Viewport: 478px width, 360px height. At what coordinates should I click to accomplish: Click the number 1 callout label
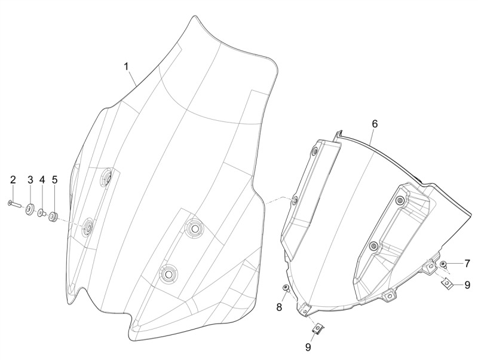pyautogui.click(x=126, y=66)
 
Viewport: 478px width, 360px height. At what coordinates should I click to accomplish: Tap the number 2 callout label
pyautogui.click(x=13, y=180)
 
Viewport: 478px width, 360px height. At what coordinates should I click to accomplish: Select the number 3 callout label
pyautogui.click(x=30, y=180)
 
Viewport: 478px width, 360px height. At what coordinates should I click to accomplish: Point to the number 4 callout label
pyautogui.click(x=42, y=180)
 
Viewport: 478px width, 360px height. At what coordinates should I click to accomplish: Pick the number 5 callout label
pyautogui.click(x=55, y=180)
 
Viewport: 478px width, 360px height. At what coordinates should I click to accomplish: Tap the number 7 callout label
pyautogui.click(x=467, y=264)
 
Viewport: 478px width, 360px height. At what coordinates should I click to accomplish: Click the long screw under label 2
pyautogui.click(x=14, y=203)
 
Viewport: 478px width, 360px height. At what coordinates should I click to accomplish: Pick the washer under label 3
pyautogui.click(x=29, y=210)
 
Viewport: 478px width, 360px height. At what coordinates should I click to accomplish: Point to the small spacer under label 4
pyautogui.click(x=41, y=213)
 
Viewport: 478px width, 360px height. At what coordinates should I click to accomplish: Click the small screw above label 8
pyautogui.click(x=286, y=288)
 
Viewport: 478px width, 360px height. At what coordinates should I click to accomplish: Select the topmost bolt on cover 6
pyautogui.click(x=315, y=151)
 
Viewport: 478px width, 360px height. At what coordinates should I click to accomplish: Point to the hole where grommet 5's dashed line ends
pyautogui.click(x=88, y=227)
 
